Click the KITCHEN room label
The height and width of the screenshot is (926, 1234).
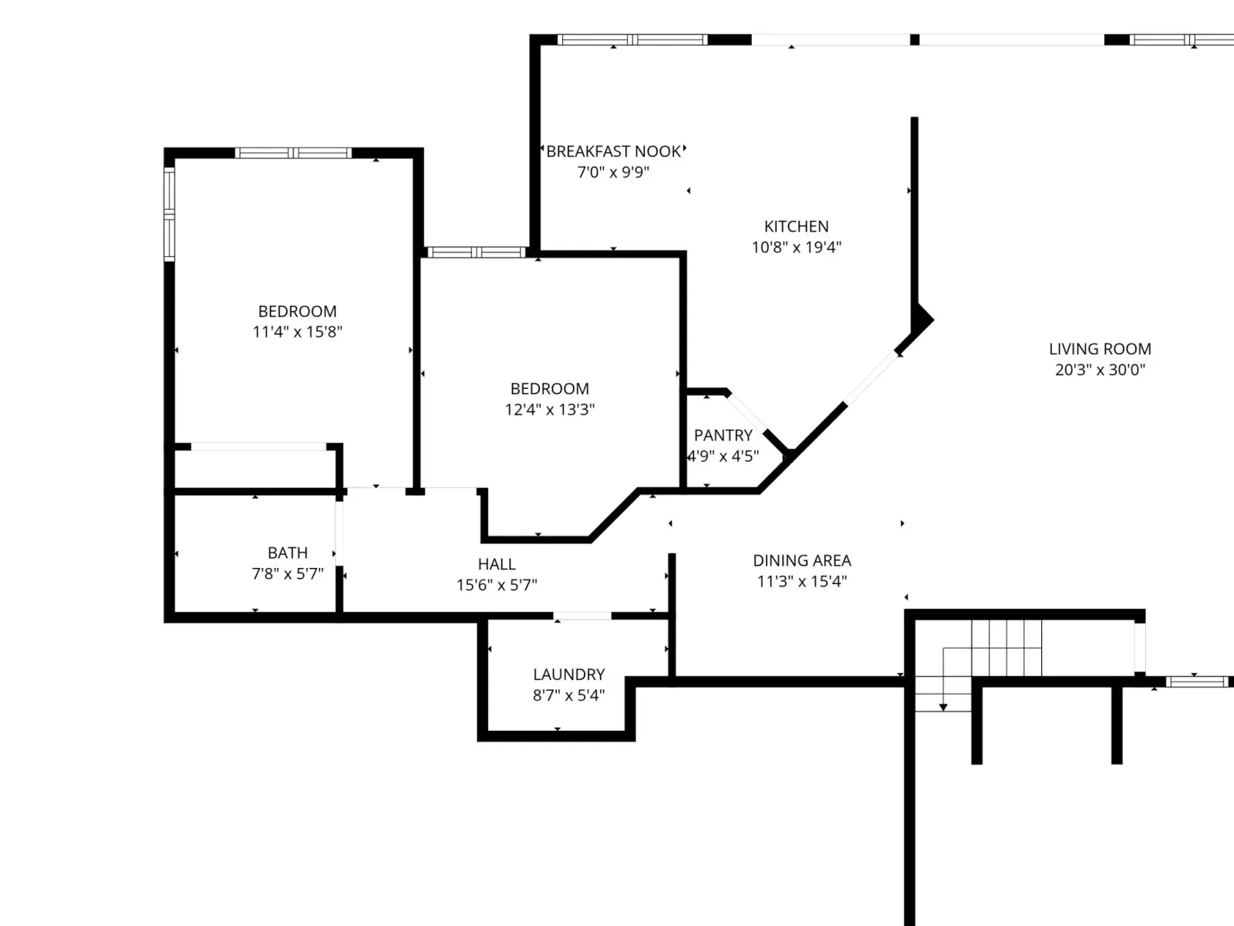click(x=796, y=227)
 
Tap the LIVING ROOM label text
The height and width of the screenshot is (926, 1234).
click(x=1101, y=349)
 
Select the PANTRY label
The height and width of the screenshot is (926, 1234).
click(x=723, y=436)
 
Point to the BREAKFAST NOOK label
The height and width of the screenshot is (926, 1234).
click(x=613, y=151)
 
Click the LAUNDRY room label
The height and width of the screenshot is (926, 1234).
click(x=569, y=674)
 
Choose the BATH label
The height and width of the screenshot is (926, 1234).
click(x=288, y=553)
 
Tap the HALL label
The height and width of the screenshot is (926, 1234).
click(x=497, y=564)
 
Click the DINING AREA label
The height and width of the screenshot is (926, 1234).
click(x=802, y=560)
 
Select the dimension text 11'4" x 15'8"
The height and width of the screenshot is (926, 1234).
click(x=298, y=332)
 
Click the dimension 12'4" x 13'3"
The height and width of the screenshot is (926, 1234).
click(x=550, y=409)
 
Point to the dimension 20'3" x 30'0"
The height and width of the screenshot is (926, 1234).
click(x=1101, y=370)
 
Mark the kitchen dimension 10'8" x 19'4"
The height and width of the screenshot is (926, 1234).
click(x=797, y=248)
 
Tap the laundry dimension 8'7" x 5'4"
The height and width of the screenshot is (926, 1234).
click(x=569, y=695)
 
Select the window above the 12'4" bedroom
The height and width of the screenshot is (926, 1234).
click(x=476, y=252)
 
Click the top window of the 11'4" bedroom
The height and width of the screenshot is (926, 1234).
click(x=293, y=153)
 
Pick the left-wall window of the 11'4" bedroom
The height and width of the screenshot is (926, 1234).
click(x=169, y=215)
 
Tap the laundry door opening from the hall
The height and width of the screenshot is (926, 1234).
click(x=582, y=617)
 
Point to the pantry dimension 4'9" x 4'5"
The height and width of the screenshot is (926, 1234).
click(x=723, y=456)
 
